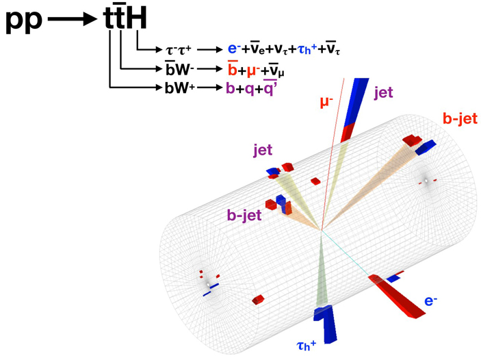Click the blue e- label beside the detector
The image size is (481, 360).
pos(431,301)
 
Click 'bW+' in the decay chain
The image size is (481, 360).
pos(179,88)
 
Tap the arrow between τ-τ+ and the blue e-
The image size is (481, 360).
pos(208,50)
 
